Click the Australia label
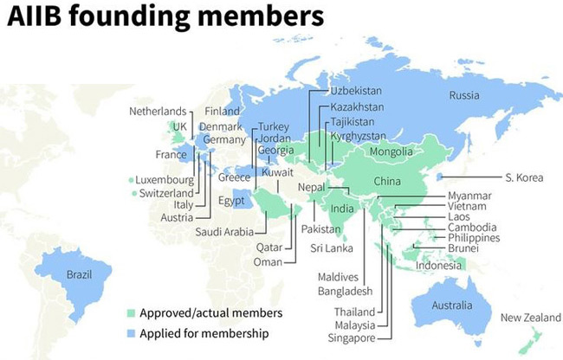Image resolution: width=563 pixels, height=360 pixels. coord(453,305)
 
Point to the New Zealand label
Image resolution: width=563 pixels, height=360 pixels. coord(531,318)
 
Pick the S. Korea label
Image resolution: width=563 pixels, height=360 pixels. coord(523,177)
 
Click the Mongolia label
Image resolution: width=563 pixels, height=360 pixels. coord(391,152)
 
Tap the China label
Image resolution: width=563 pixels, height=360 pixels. coord(387,181)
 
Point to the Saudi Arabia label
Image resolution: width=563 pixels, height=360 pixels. coord(224,231)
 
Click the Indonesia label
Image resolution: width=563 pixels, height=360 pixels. coord(438,265)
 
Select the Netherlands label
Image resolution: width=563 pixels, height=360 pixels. coord(158,112)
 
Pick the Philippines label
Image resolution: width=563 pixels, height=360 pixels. coord(474,237)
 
